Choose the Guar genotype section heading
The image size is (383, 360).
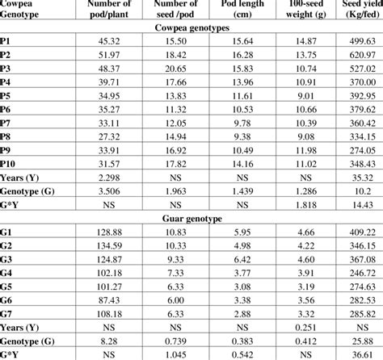191,218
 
